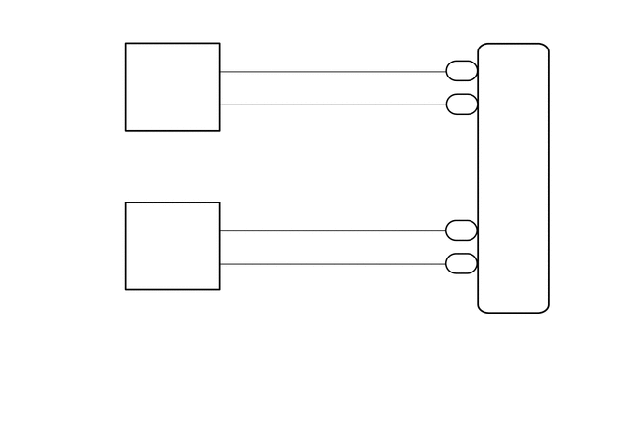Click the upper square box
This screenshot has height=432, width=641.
tap(172, 87)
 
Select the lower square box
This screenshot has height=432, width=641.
tap(172, 246)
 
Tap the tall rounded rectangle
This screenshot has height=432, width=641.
tap(513, 177)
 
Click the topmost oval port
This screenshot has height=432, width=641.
tap(461, 71)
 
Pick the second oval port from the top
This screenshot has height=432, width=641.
tap(461, 105)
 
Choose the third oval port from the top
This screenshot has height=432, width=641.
tap(461, 230)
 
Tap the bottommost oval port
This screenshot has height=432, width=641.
tap(461, 264)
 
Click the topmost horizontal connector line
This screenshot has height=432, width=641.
tap(333, 71)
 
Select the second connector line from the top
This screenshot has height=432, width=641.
tap(333, 105)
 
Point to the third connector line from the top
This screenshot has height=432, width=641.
tap(333, 230)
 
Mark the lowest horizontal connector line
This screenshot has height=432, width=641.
tap(333, 264)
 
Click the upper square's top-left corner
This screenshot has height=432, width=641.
tap(126, 43)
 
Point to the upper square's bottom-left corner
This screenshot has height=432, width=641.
tap(126, 131)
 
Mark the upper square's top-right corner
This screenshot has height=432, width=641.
tap(220, 43)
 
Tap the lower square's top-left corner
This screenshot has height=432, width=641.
tap(126, 202)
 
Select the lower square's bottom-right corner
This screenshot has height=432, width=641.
tap(220, 290)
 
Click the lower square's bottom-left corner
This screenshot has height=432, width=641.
tap(126, 290)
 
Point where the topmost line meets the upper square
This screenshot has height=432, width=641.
tap(220, 71)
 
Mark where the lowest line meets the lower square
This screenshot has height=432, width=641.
tap(220, 264)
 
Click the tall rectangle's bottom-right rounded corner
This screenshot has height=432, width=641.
tap(545, 308)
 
